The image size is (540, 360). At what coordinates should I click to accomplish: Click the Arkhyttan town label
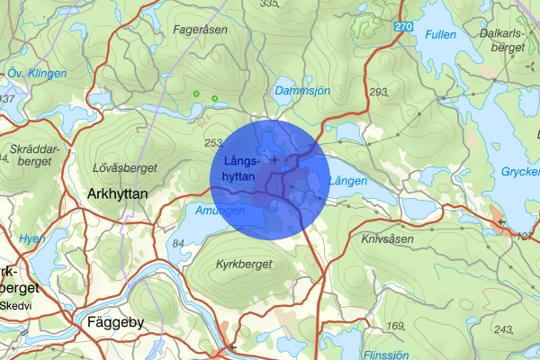(121, 193)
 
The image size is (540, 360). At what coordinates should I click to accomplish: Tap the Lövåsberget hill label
(125, 168)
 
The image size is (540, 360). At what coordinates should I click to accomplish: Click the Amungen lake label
(220, 210)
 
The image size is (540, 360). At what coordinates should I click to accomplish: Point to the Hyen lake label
(31, 238)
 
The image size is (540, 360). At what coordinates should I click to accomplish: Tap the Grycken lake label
(520, 170)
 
